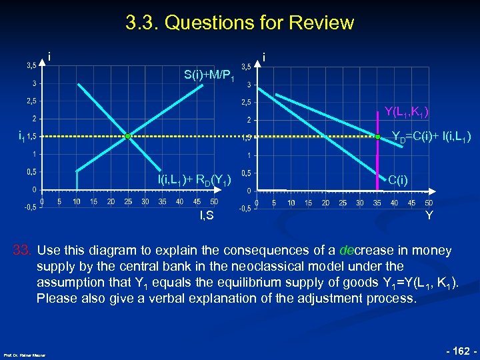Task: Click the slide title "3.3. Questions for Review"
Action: click(239, 23)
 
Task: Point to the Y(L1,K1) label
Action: click(406, 111)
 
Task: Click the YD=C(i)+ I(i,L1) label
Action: click(431, 137)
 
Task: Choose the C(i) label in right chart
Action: click(399, 179)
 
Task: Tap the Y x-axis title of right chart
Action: click(429, 215)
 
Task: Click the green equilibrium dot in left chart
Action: click(127, 136)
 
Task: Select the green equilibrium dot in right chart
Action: click(377, 137)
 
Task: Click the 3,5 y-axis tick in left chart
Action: click(31, 66)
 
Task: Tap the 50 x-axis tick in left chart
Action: click(214, 201)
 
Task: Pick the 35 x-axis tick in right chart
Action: click(377, 203)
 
